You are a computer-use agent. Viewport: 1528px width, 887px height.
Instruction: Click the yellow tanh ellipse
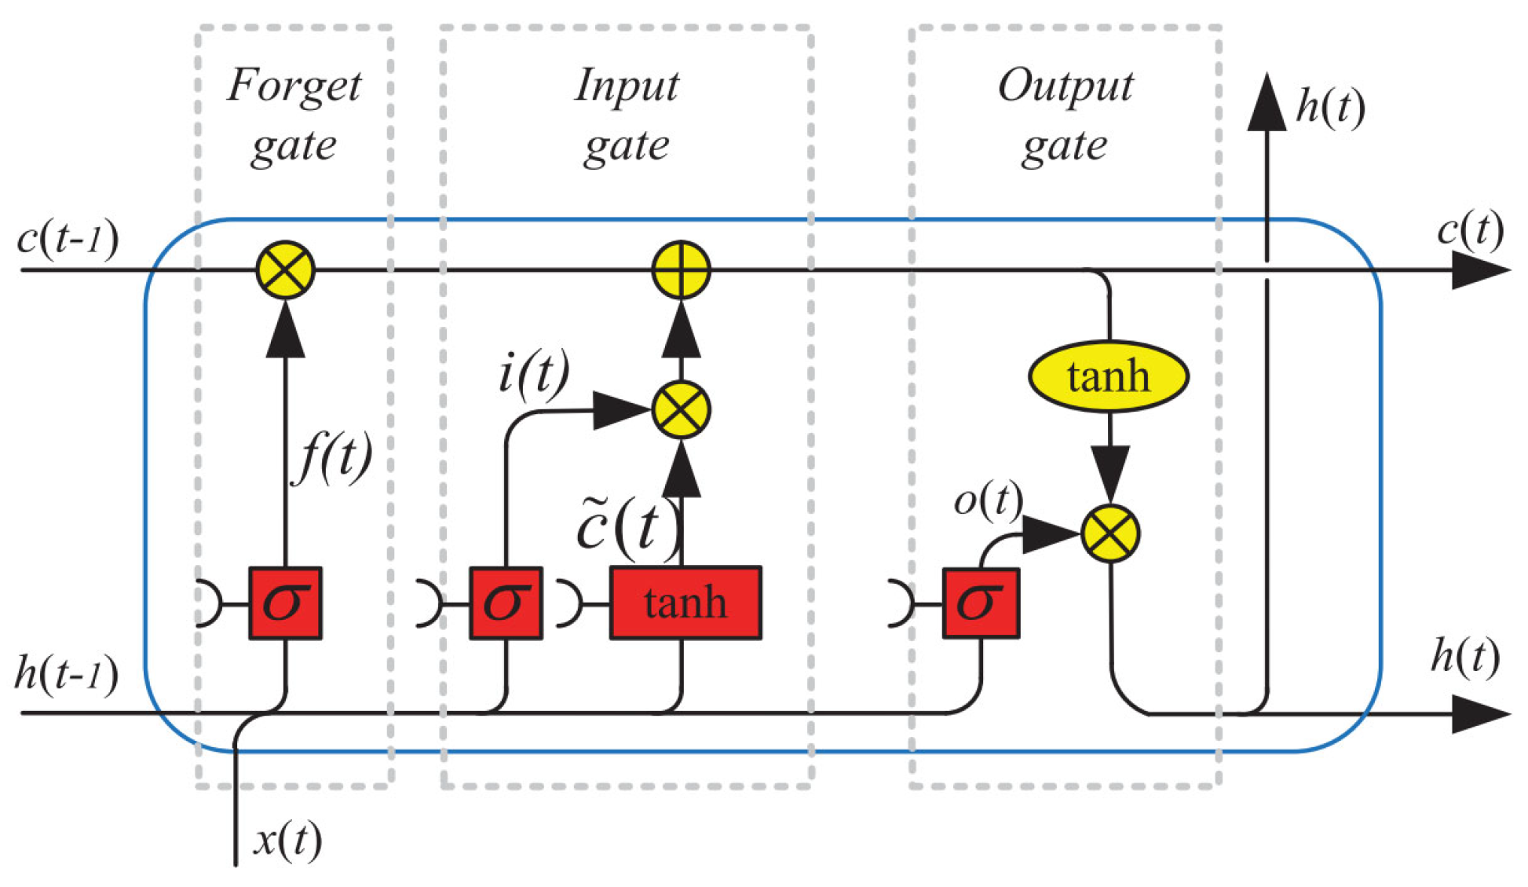pos(1108,376)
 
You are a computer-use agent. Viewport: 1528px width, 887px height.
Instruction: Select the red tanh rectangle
pos(685,603)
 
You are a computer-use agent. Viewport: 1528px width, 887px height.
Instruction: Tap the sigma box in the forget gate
pos(285,603)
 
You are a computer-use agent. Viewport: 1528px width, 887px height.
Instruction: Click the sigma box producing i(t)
pos(505,603)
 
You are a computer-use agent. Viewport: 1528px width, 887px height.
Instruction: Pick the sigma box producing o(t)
pos(981,603)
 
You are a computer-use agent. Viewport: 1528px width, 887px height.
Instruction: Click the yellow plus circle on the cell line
pos(681,269)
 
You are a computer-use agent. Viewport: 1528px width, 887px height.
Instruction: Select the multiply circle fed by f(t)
pos(286,269)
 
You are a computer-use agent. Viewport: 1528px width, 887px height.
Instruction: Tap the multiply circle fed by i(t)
pos(681,409)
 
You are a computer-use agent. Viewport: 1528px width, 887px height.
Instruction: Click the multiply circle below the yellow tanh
pos(1109,534)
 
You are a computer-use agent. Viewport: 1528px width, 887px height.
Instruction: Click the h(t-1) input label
pos(66,674)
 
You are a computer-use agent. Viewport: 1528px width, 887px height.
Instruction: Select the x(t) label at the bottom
pos(287,840)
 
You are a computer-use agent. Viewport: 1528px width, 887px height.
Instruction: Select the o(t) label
pos(988,500)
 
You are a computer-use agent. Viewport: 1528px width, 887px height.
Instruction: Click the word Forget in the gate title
pos(294,85)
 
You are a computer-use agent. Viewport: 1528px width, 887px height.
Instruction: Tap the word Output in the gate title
pos(1065,85)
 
